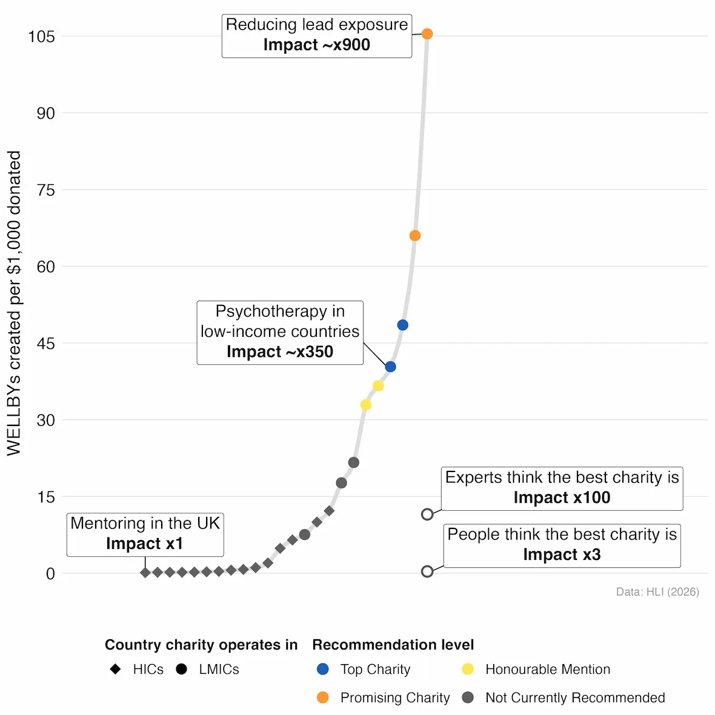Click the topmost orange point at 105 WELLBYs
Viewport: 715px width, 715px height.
click(x=427, y=34)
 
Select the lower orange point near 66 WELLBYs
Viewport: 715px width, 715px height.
click(x=415, y=236)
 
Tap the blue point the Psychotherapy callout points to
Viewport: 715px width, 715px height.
click(x=390, y=367)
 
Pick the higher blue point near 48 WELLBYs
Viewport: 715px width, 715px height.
click(x=402, y=325)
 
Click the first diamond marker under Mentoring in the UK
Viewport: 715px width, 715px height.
click(x=145, y=573)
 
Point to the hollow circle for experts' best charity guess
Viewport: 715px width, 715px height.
click(x=427, y=514)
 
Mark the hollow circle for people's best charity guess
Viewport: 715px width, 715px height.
click(x=427, y=571)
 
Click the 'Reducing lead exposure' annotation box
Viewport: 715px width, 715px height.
click(x=317, y=36)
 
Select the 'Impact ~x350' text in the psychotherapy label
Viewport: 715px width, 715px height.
click(x=280, y=352)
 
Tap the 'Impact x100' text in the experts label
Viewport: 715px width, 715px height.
click(x=562, y=498)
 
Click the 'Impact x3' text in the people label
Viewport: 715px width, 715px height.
click(x=562, y=555)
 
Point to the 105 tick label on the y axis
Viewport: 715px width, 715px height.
click(x=41, y=37)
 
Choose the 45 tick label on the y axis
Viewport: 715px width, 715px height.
click(x=45, y=344)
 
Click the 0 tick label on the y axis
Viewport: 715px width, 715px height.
click(x=50, y=574)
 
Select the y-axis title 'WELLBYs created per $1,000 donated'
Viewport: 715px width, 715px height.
click(x=14, y=303)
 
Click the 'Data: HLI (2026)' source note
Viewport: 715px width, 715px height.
click(x=657, y=592)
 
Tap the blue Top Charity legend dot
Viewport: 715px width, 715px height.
click(x=323, y=669)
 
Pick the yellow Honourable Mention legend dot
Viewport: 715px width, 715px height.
click(x=468, y=669)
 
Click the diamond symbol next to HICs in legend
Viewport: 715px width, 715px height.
click(x=115, y=669)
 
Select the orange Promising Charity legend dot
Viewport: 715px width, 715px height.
click(x=323, y=697)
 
